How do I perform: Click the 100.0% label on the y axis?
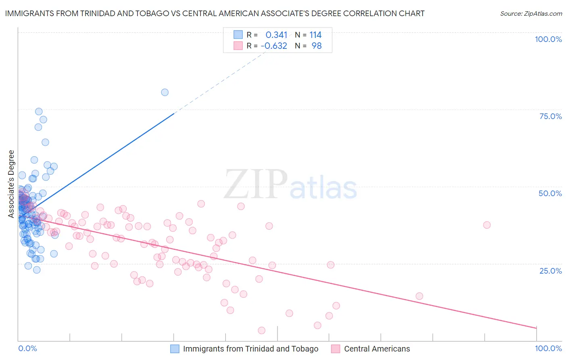coord(548,39)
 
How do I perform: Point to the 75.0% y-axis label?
coord(550,116)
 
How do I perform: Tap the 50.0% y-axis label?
coord(550,193)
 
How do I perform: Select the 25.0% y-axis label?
coord(550,270)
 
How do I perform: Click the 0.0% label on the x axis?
coord(27,348)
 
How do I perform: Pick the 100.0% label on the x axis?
coord(548,348)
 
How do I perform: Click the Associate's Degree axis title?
coord(11,184)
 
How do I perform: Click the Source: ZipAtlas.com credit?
coord(531,13)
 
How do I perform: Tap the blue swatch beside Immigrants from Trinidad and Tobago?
coord(175,349)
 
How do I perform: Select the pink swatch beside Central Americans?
coord(336,349)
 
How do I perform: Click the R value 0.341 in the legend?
coord(276,35)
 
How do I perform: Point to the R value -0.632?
coord(274,46)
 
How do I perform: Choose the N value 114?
coord(315,35)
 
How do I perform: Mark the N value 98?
coord(317,46)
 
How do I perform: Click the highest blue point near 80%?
coord(165,92)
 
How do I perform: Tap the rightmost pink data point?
coord(487,225)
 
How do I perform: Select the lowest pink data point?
coord(261,331)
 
